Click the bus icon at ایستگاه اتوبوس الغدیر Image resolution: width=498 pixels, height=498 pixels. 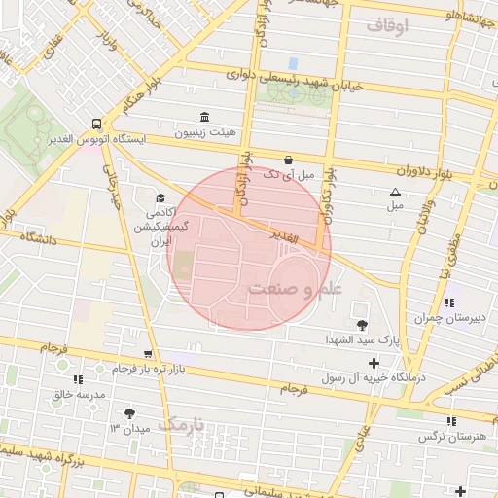96,124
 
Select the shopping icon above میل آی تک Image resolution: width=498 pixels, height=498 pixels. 288,160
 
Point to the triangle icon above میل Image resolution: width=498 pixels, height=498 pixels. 395,192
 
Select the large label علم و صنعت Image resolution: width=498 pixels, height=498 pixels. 295,289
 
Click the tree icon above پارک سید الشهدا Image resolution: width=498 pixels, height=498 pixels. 363,325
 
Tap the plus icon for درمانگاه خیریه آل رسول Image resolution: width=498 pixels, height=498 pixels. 373,362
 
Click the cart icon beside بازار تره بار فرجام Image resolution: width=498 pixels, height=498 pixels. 147,354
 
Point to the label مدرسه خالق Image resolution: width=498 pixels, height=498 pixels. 69,395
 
